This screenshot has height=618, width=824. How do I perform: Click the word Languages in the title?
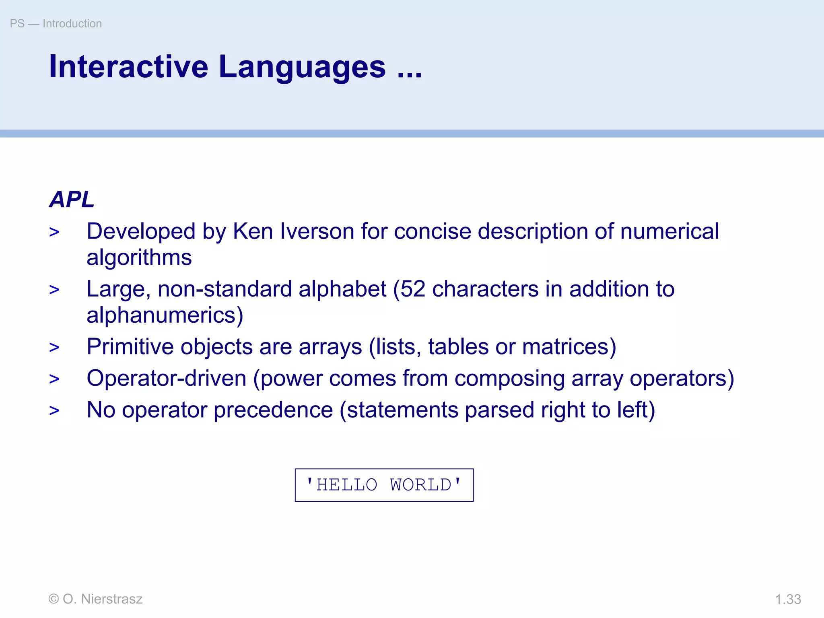point(302,67)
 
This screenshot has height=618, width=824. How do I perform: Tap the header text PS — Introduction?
point(56,23)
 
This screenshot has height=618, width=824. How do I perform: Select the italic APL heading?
point(72,199)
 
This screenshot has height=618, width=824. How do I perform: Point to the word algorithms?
point(139,257)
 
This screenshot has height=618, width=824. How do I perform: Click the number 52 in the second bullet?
point(413,289)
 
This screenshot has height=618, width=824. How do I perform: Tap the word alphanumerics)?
point(165,315)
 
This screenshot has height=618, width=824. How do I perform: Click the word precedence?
point(273,410)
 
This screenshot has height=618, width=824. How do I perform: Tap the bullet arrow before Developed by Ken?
point(54,232)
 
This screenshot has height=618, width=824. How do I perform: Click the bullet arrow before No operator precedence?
point(54,411)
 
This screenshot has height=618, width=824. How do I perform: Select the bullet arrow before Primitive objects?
point(54,347)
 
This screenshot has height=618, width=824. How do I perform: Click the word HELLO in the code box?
point(347,485)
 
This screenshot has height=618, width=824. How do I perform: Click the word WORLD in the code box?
point(421,485)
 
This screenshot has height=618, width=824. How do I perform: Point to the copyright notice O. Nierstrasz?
point(95,599)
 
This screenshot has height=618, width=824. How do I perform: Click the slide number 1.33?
point(788,599)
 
